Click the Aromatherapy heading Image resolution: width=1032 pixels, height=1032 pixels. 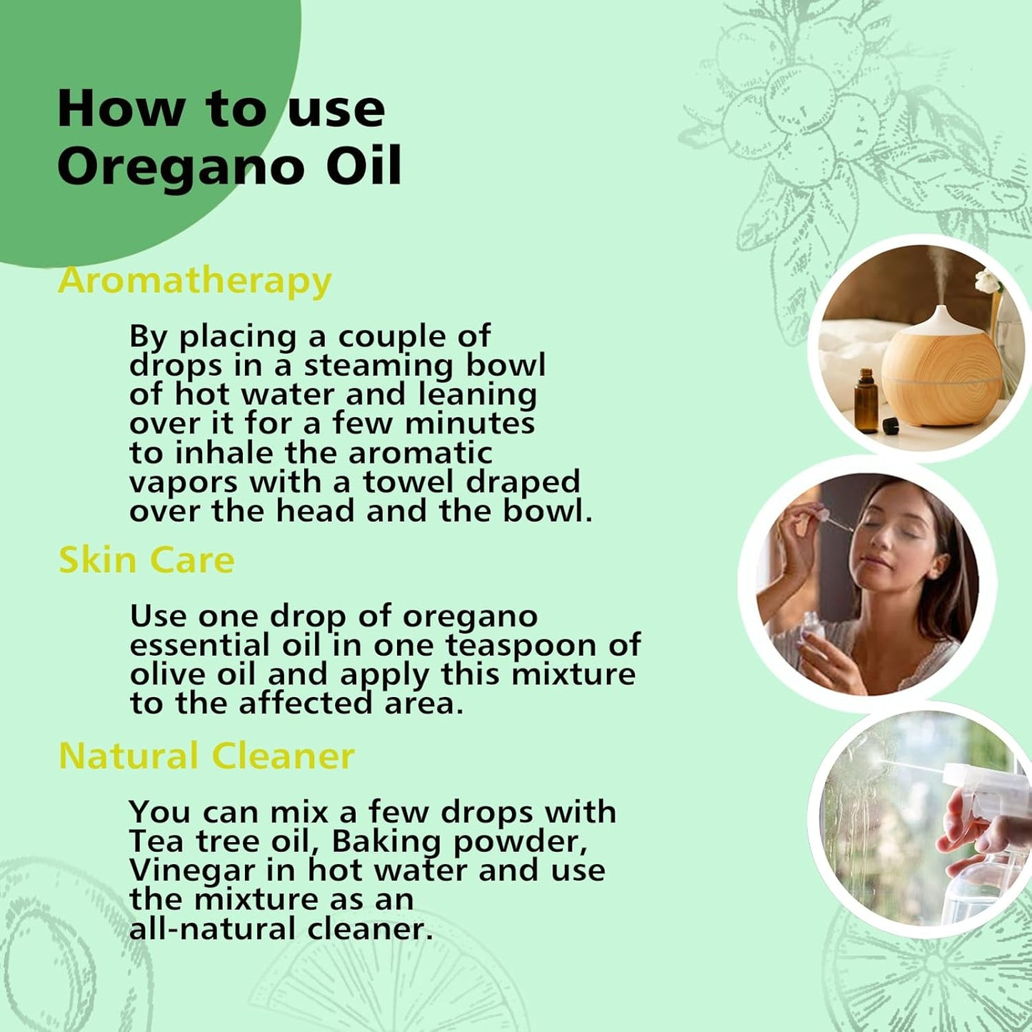tap(194, 281)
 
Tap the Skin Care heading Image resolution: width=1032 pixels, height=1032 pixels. tap(146, 560)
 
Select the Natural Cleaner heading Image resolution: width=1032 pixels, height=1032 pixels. tap(206, 756)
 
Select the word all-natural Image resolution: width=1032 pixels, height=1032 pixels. tap(214, 928)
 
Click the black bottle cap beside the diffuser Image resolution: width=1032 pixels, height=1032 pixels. tap(890, 426)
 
